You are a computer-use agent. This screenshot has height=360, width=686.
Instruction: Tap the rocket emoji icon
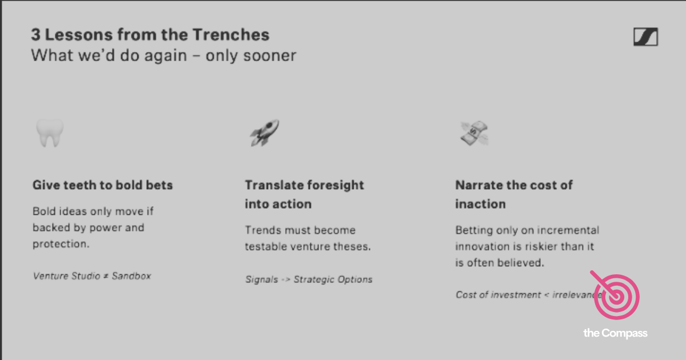(264, 133)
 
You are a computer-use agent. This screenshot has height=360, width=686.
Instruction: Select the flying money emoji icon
(474, 134)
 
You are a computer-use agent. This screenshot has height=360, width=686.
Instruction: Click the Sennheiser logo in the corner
(645, 38)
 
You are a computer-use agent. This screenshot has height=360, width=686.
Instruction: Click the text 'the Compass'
(615, 333)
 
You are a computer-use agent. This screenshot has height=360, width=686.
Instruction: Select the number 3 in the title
(35, 35)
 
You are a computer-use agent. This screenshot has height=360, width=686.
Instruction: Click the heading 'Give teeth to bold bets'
(102, 185)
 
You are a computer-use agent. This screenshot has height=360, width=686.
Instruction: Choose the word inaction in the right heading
(480, 204)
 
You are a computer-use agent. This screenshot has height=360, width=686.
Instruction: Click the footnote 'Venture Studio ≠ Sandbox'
(92, 275)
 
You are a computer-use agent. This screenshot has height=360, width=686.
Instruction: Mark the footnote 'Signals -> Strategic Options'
(309, 279)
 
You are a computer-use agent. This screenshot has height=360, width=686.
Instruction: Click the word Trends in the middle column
(262, 230)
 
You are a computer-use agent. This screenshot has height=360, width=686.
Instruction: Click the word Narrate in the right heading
(476, 185)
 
